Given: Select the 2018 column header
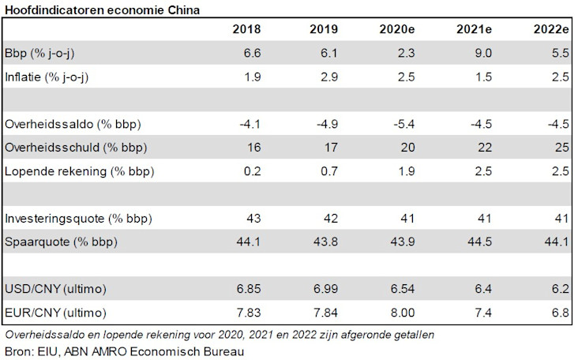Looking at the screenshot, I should pyautogui.click(x=247, y=30).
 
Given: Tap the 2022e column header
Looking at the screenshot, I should pyautogui.click(x=551, y=30).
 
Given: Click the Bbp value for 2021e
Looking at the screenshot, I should pyautogui.click(x=482, y=54).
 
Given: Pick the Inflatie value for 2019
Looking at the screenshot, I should pyautogui.click(x=330, y=77).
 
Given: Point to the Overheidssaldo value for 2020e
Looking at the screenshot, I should pyautogui.click(x=401, y=125).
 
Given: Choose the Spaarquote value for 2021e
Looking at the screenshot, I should pyautogui.click(x=477, y=241).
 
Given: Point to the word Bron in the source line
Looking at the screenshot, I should pyautogui.click(x=18, y=350).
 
